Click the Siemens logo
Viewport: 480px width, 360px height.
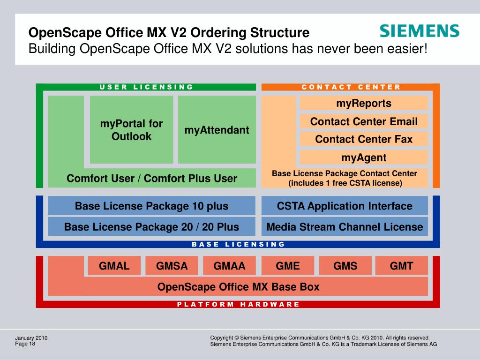pyautogui.click(x=419, y=31)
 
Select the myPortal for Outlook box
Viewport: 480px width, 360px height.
pyautogui.click(x=131, y=130)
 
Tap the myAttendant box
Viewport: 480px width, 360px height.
pyautogui.click(x=217, y=130)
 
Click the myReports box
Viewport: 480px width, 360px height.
pyautogui.click(x=363, y=103)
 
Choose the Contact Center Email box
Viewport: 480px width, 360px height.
pyautogui.click(x=363, y=122)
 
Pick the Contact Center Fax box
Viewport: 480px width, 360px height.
pyautogui.click(x=363, y=139)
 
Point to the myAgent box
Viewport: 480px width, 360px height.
pyautogui.click(x=363, y=157)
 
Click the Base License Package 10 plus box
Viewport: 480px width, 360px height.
pyautogui.click(x=151, y=206)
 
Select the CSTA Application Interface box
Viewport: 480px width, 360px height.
pyautogui.click(x=345, y=206)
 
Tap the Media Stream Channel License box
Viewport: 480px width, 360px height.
pyautogui.click(x=345, y=227)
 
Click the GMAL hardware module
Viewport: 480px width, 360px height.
pyautogui.click(x=114, y=266)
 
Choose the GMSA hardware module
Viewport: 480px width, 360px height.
pyautogui.click(x=172, y=266)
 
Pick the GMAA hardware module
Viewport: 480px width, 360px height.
pyautogui.click(x=229, y=266)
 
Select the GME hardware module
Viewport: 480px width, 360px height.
pyautogui.click(x=287, y=266)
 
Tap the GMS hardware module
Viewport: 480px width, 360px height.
pyautogui.click(x=345, y=266)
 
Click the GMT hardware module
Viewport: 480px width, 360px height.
pyautogui.click(x=402, y=266)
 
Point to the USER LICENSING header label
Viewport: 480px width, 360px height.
pyautogui.click(x=146, y=87)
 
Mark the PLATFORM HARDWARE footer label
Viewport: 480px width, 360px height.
pyautogui.click(x=238, y=304)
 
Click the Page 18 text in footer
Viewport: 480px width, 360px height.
pyautogui.click(x=25, y=344)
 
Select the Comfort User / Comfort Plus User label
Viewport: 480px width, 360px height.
pyautogui.click(x=151, y=179)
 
